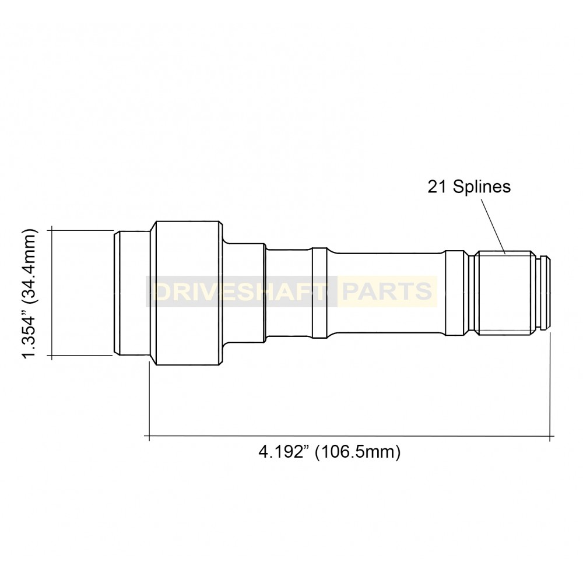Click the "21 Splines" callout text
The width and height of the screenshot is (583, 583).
[x=469, y=187]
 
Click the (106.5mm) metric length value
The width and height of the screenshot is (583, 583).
[x=357, y=452]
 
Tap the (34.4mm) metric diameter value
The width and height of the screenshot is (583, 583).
[x=30, y=262]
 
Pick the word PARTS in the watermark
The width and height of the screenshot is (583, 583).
[x=387, y=291]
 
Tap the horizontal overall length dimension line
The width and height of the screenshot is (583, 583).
[x=350, y=436]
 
